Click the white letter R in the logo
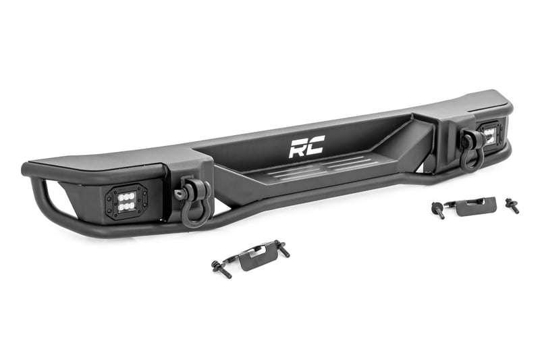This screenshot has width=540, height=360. pos(297,147)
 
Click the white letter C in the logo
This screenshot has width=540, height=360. pos(315,145)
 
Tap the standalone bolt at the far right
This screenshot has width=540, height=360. pos(512,206)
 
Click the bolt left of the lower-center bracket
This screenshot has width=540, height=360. pos(221,269)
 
